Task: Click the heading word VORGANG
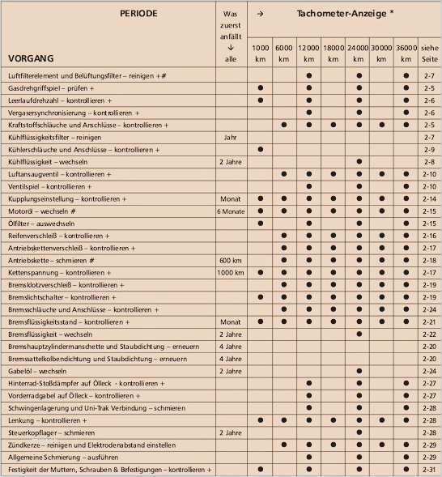point(30,58)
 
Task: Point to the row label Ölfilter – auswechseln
point(41,223)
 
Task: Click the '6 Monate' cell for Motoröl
point(231,211)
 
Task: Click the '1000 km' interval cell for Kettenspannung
point(231,272)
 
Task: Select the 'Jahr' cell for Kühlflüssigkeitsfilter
point(231,137)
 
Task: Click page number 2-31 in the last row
point(430,470)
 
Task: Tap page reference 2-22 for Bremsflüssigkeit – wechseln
point(430,334)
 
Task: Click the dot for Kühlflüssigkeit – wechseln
point(358,162)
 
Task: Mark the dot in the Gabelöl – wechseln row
point(358,371)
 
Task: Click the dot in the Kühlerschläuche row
point(260,149)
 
